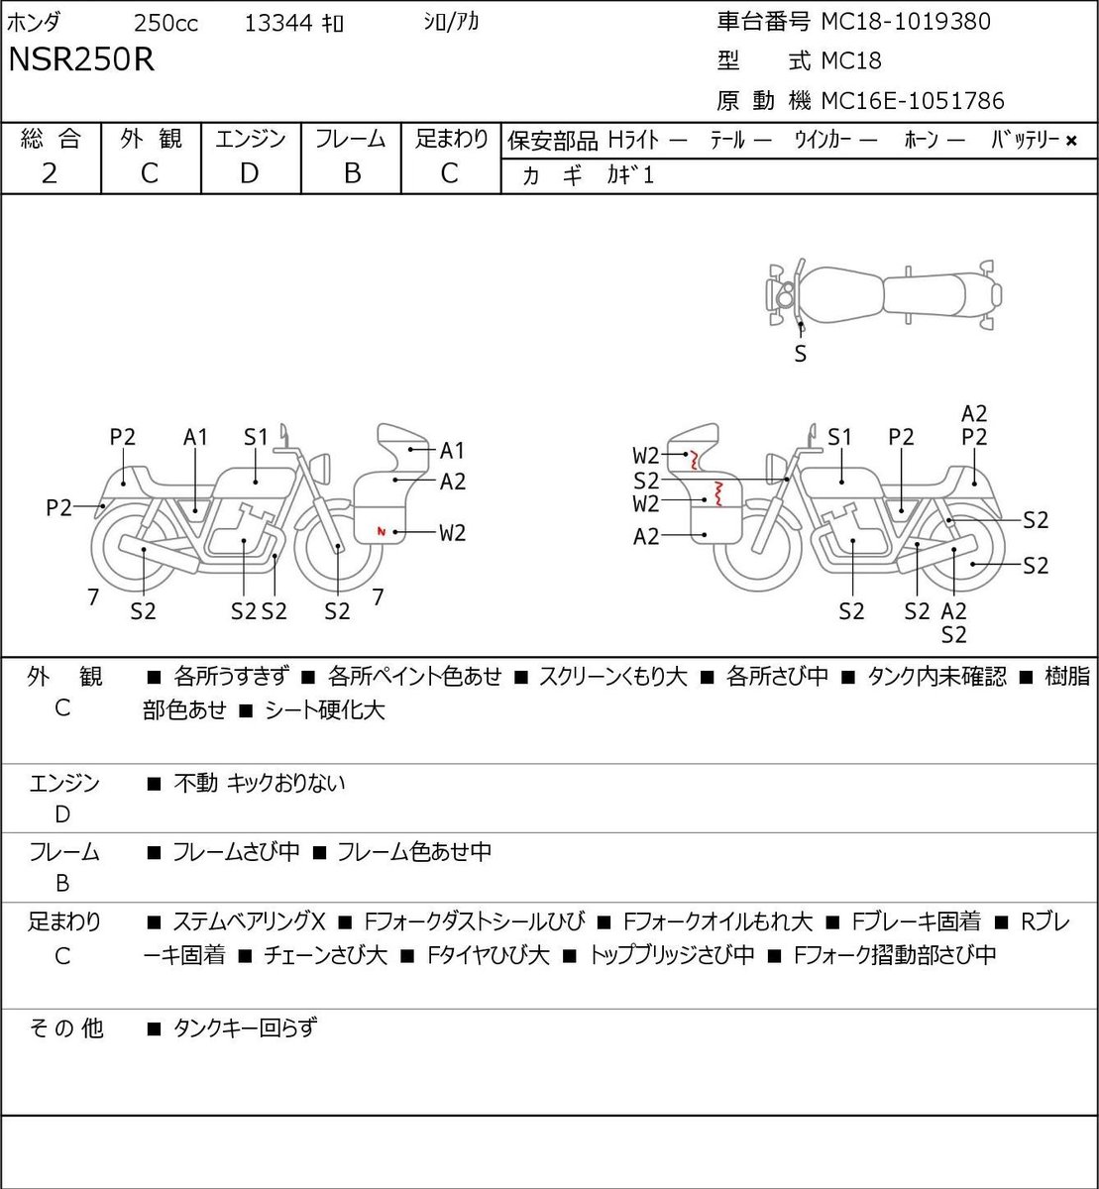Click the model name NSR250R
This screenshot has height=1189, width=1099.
pos(81,59)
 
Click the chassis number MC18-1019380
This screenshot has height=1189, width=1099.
pos(906,22)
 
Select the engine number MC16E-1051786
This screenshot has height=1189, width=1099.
pos(912,101)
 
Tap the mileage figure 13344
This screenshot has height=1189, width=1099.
pos(278,23)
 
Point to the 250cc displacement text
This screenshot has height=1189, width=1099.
pos(165,23)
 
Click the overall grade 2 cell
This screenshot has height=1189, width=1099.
pos(50,173)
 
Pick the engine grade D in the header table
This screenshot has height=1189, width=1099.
pos(249,173)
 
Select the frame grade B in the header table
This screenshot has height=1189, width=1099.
pos(352,173)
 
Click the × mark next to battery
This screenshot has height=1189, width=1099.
pos(1071,141)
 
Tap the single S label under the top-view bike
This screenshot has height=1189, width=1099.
pos(800,354)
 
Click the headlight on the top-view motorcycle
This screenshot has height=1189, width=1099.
pos(785,294)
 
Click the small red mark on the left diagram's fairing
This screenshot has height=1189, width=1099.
pos(381,531)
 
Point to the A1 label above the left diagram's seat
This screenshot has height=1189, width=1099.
pos(195,438)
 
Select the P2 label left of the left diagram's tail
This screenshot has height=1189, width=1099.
pos(58,507)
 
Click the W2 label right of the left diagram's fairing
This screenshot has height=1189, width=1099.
pos(452,532)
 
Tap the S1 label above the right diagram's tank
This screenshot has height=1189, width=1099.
pos(839,438)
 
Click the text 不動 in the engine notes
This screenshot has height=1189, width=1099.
pos(195,783)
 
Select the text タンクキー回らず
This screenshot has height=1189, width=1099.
pos(245,1027)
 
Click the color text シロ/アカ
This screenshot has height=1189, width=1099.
pos(450,22)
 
